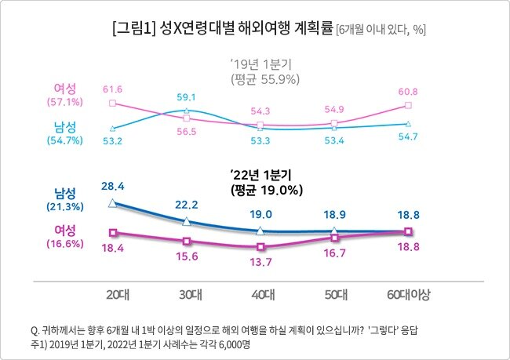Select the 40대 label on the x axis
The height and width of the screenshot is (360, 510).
tap(261, 295)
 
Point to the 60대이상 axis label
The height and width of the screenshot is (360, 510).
tap(409, 295)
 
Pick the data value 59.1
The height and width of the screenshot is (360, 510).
tap(187, 98)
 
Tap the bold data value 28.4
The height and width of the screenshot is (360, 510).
tap(112, 184)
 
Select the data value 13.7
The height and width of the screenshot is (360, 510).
tap(261, 260)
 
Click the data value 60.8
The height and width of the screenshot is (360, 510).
tap(408, 91)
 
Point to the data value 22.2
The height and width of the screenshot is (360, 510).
tap(187, 204)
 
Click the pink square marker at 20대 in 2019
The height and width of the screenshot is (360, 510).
tap(113, 103)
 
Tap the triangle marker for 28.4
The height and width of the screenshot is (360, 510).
tap(113, 202)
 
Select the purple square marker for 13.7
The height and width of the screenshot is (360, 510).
tap(261, 247)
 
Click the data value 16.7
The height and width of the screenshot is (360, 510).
tap(335, 253)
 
